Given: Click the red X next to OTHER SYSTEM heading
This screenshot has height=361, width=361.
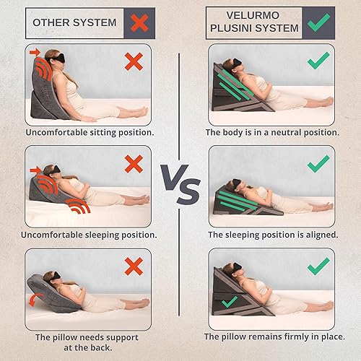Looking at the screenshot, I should coord(140,22).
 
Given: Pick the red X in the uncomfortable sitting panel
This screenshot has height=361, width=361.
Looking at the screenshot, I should coord(133,61).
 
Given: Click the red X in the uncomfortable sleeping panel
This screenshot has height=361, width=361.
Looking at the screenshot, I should coord(133,164).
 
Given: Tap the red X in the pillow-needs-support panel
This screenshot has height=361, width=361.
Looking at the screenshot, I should coord(133,266).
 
